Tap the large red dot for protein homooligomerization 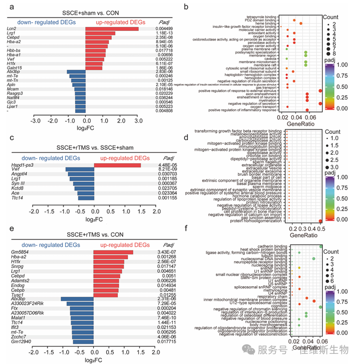click(320, 221)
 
